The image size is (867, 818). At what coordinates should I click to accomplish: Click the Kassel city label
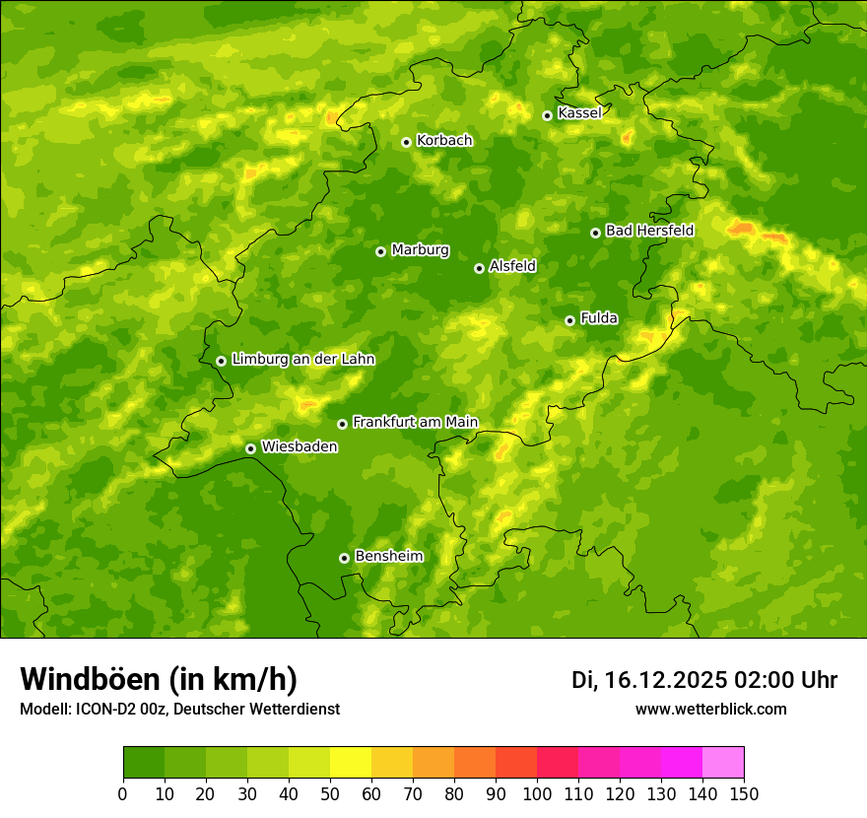579,113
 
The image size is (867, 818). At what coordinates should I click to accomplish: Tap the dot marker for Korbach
406,142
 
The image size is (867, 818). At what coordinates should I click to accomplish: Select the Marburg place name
420,249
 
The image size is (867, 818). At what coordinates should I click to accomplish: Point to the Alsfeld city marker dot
479,268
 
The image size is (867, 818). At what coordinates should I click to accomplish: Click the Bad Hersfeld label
649,231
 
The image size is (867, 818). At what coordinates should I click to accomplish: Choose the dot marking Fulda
569,320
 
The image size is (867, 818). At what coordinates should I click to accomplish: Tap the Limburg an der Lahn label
302,360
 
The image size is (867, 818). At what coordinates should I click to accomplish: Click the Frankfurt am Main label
415,422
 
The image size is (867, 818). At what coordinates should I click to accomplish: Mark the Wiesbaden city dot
250,448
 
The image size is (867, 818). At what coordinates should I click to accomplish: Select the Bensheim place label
388,556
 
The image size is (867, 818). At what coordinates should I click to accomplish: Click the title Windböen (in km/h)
159,679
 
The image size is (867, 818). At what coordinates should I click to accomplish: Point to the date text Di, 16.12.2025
649,680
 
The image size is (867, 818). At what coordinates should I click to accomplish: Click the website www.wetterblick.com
711,710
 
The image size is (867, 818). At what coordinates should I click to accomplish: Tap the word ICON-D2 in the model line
106,710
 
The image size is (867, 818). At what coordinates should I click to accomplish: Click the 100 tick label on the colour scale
537,794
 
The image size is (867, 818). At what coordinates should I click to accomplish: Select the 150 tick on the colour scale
744,794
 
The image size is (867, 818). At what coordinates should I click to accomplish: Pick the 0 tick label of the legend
123,794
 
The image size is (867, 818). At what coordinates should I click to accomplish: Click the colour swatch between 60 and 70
392,763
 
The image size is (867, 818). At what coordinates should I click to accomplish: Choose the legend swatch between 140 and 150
723,763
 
